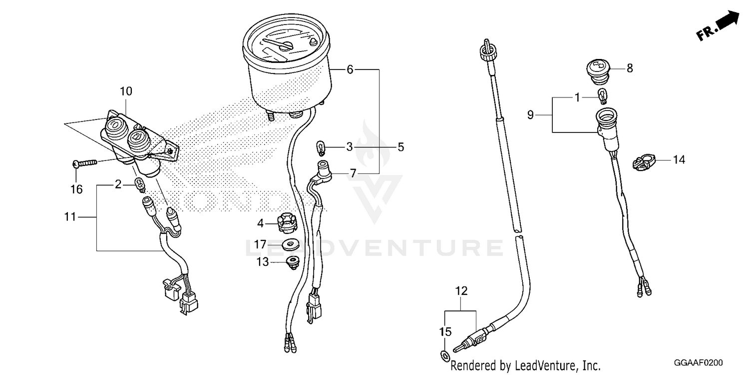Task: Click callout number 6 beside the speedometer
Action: click(x=350, y=69)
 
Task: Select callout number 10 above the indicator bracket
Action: click(x=126, y=91)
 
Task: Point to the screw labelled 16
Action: click(x=85, y=163)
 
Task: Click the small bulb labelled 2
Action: click(x=140, y=185)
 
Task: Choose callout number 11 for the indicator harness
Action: click(x=70, y=217)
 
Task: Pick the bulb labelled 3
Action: click(x=321, y=148)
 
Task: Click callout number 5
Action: click(x=400, y=147)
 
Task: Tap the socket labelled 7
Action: click(x=324, y=170)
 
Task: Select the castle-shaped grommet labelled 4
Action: click(x=287, y=222)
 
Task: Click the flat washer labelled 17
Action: click(x=290, y=244)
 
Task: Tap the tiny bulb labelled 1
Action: click(x=602, y=96)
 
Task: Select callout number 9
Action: click(x=530, y=115)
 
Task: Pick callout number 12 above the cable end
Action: click(x=461, y=291)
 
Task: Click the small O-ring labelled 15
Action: click(x=445, y=355)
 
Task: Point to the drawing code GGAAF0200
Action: click(x=698, y=362)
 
